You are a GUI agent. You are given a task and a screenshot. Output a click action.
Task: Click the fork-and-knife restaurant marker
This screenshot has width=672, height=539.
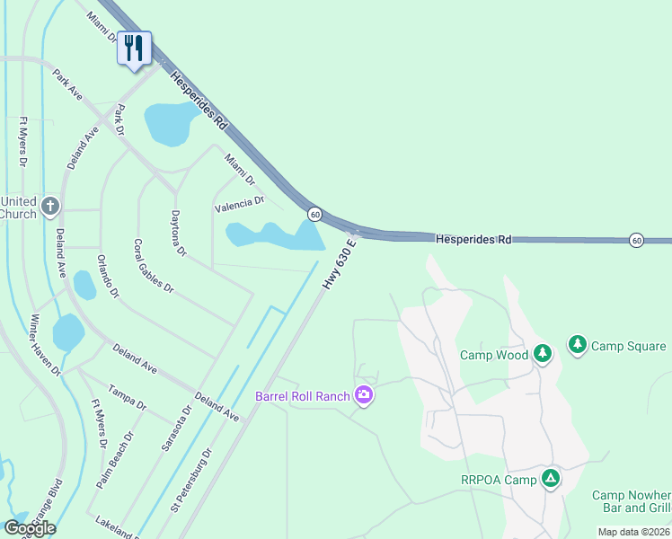134,48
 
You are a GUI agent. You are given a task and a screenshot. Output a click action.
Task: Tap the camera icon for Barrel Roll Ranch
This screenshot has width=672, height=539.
363,395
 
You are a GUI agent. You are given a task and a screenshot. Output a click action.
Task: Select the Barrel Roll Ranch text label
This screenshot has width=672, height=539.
302,395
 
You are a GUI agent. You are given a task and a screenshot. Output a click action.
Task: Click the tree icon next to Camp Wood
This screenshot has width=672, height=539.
543,354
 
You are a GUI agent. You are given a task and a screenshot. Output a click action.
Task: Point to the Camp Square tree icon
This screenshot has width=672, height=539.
577,345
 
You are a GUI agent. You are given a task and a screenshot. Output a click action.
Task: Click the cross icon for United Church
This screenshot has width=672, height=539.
49,207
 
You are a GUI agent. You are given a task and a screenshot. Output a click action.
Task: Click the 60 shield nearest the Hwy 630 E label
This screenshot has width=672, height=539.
314,214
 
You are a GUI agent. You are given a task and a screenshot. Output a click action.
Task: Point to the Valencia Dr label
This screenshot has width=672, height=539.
239,206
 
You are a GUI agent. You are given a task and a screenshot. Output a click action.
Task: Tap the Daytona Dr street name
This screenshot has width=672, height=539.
178,234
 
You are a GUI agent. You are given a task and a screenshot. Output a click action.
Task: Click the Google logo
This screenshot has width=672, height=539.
30,528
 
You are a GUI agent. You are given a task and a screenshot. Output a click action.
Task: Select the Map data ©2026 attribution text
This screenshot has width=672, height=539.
634,532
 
